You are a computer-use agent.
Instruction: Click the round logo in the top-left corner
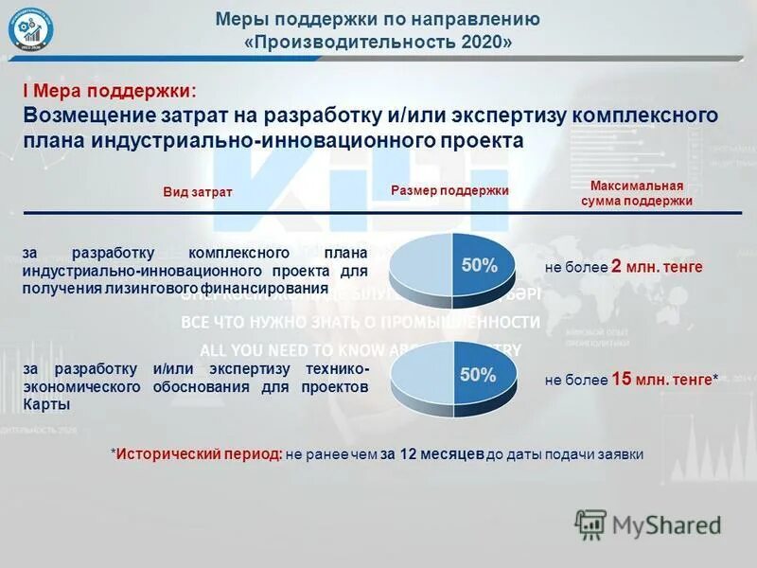pyautogui.click(x=31, y=30)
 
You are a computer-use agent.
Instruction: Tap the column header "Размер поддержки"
pyautogui.click(x=449, y=191)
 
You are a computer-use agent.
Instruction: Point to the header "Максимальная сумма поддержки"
pyautogui.click(x=637, y=194)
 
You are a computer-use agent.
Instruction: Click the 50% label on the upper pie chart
pyautogui.click(x=479, y=266)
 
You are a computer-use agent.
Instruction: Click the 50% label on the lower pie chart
pyautogui.click(x=478, y=375)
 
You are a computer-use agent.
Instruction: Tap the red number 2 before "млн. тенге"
pyautogui.click(x=616, y=267)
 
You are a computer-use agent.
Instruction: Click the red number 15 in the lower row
pyautogui.click(x=621, y=380)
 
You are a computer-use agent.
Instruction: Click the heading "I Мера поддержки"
pyautogui.click(x=109, y=91)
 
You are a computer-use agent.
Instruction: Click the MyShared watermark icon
pyautogui.click(x=590, y=524)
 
